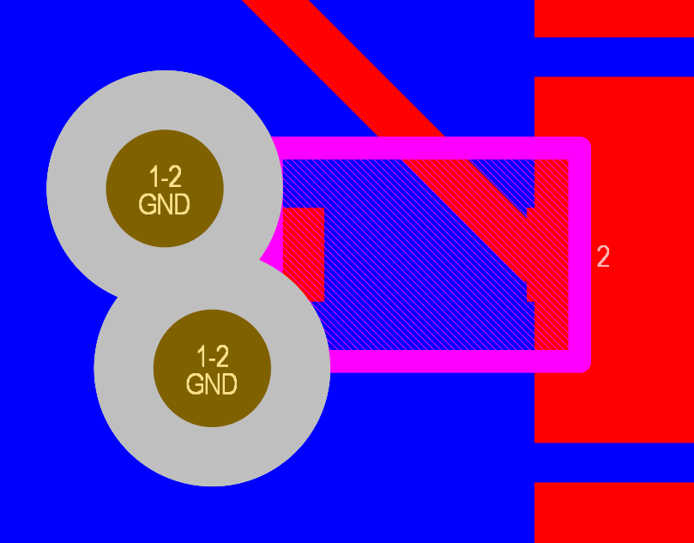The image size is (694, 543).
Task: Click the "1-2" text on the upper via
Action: pos(165,177)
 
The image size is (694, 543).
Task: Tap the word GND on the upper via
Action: pos(164,204)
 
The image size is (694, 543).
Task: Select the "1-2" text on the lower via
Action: pos(213,357)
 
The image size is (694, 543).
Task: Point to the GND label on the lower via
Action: pos(212,384)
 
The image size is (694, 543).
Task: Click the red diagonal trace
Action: pos(343,68)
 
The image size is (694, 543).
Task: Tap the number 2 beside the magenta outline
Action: pos(603,256)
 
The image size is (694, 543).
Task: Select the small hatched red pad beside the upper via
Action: pos(304,255)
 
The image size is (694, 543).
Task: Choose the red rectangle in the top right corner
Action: pos(614,19)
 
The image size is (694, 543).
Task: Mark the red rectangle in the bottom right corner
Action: pos(614,512)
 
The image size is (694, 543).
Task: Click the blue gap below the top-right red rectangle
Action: pos(614,57)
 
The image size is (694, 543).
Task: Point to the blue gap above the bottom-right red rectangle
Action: pos(614,462)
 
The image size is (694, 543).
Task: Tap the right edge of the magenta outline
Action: pos(580,255)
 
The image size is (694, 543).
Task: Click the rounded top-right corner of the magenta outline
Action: pos(582,145)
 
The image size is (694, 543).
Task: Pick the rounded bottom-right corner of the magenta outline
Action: pos(582,365)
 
